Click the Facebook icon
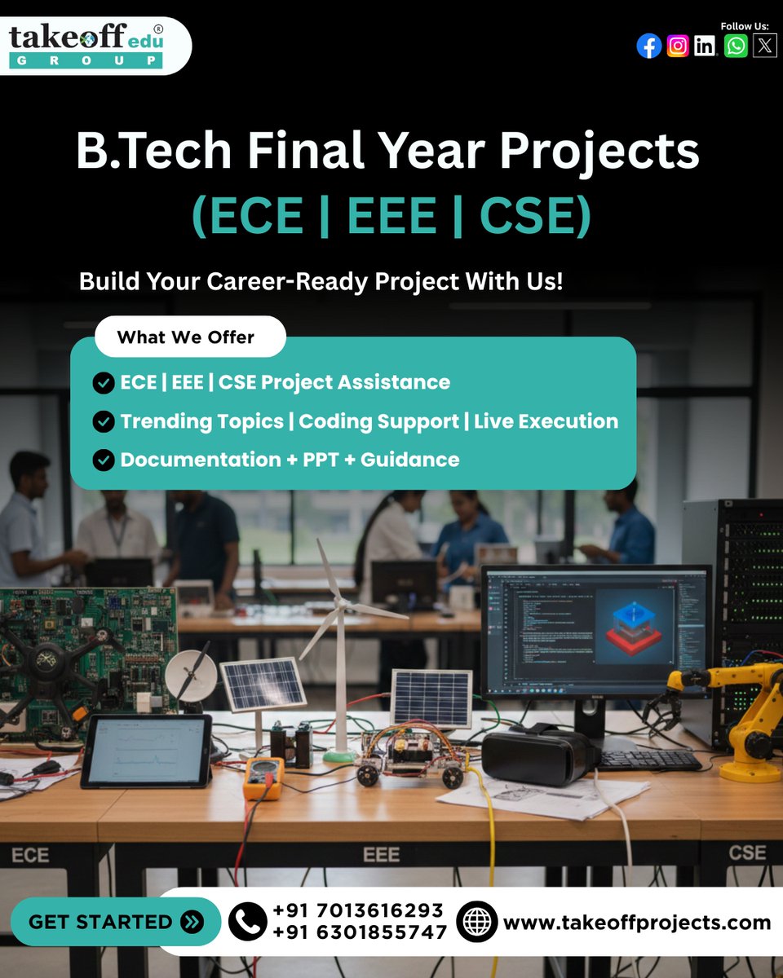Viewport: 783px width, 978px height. click(x=648, y=46)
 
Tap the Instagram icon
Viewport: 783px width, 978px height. click(x=678, y=46)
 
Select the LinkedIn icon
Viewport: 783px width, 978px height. click(x=706, y=46)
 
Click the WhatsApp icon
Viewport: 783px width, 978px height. click(x=736, y=46)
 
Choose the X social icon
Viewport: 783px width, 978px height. click(x=764, y=46)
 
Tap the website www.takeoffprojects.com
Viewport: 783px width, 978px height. click(x=636, y=923)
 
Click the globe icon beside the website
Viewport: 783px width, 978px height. click(x=476, y=922)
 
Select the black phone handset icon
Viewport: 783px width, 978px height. click(x=247, y=922)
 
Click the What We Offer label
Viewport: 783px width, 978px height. click(x=186, y=337)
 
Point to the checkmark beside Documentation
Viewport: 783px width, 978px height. click(x=103, y=460)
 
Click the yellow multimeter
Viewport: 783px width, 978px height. click(x=263, y=778)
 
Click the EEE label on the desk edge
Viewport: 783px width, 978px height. click(x=381, y=855)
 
